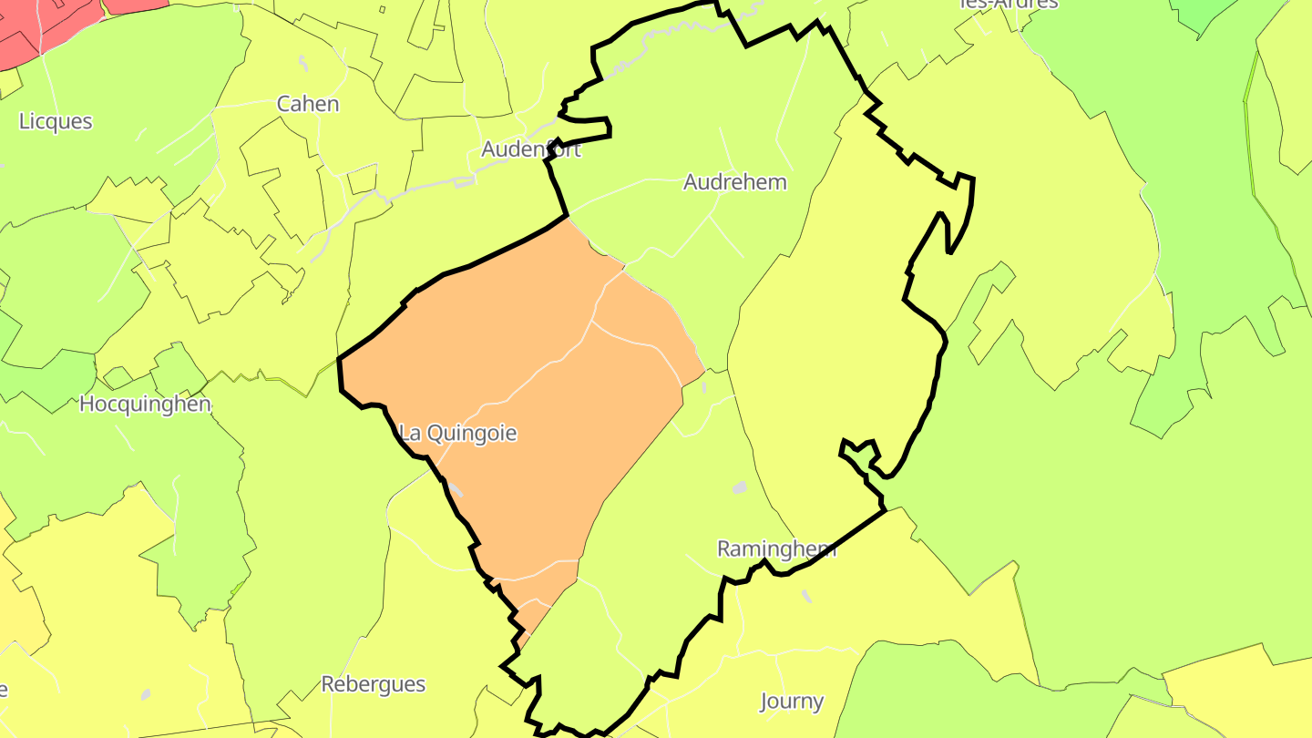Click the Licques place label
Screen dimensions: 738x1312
pyautogui.click(x=56, y=121)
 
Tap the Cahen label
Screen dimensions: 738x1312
pyautogui.click(x=308, y=104)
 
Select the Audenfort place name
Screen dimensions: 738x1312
pyautogui.click(x=531, y=149)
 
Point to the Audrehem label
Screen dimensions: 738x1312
pyautogui.click(x=734, y=182)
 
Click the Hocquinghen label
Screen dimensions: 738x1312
pyautogui.click(x=145, y=404)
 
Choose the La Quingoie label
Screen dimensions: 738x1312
pyautogui.click(x=458, y=434)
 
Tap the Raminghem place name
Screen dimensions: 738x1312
pyautogui.click(x=777, y=548)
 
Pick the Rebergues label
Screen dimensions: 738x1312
pyautogui.click(x=373, y=684)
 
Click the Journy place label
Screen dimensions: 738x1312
pyautogui.click(x=793, y=702)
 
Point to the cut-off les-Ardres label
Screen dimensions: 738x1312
pyautogui.click(x=1009, y=4)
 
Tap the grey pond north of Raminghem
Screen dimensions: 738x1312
pyautogui.click(x=739, y=487)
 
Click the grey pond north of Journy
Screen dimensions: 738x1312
pyautogui.click(x=805, y=596)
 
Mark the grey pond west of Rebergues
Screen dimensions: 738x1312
pyautogui.click(x=146, y=694)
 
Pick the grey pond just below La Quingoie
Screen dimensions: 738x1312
pyautogui.click(x=456, y=492)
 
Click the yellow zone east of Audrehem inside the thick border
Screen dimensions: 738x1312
pyautogui.click(x=838, y=346)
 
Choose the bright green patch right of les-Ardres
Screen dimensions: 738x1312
pyautogui.click(x=1203, y=14)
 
